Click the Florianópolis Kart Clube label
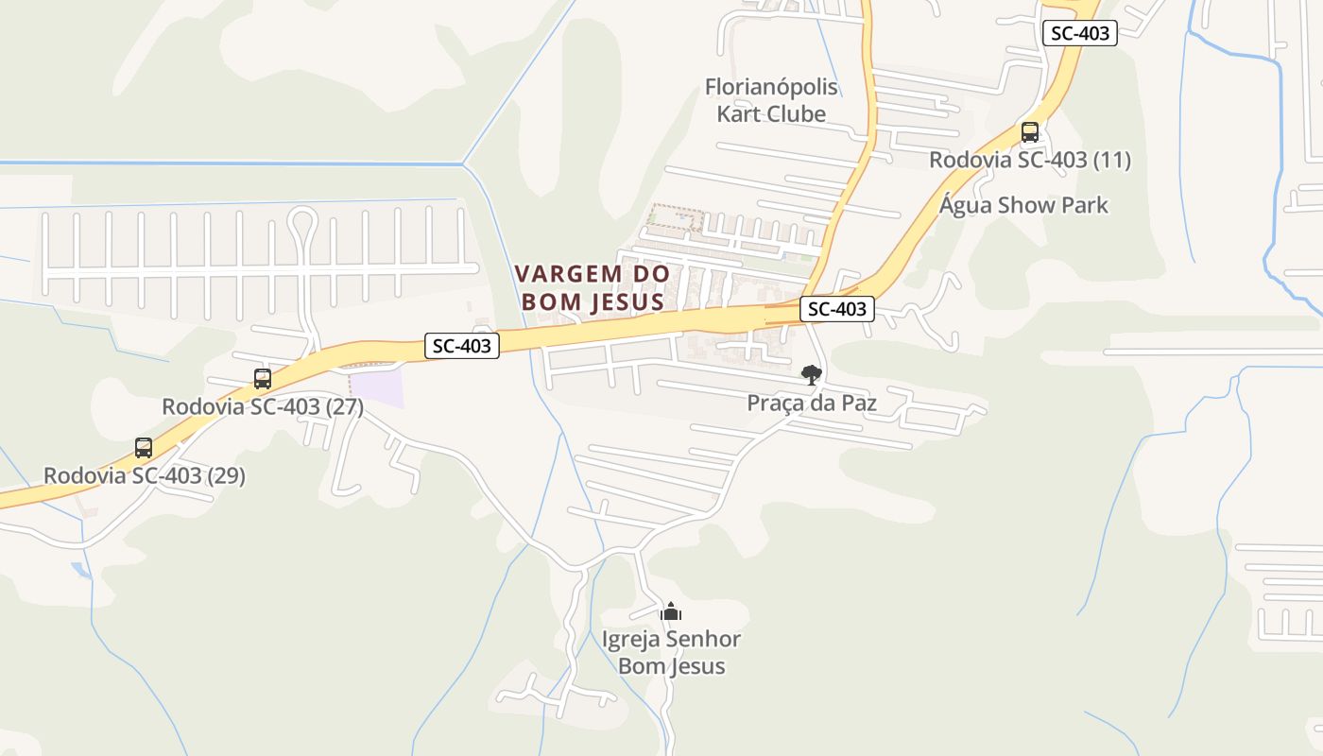coord(771,100)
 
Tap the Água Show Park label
coord(1023,205)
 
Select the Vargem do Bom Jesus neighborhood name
coord(593,287)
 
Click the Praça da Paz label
coord(812,404)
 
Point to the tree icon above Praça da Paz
coord(811,375)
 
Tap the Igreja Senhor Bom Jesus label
coord(671,652)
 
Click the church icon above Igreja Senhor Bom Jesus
coord(671,612)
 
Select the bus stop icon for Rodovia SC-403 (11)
coord(1030,132)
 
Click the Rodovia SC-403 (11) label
coord(1029,160)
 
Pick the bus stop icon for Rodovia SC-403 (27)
coord(263,379)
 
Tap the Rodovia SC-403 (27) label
coord(263,407)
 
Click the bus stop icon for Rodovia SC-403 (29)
coord(144,448)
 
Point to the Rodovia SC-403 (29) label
coord(145,475)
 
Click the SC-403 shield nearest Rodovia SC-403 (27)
coord(461,346)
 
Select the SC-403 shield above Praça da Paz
coord(837,309)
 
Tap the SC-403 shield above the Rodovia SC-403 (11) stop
coord(1079,33)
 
